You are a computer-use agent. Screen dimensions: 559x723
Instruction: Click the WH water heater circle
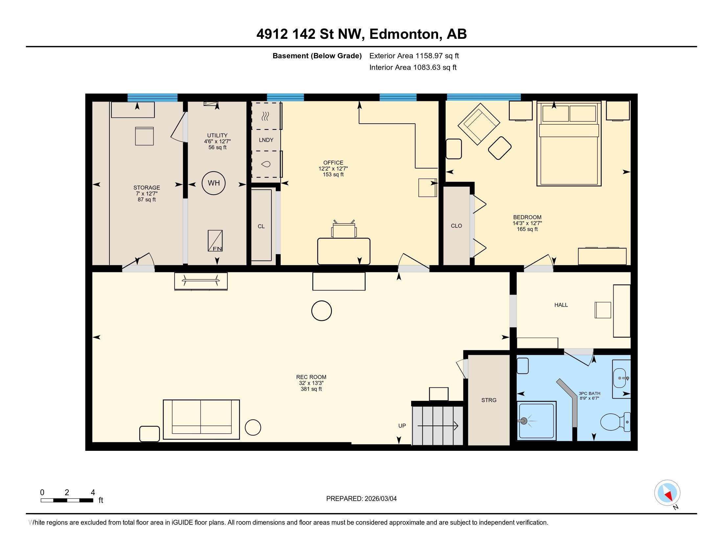(x=214, y=183)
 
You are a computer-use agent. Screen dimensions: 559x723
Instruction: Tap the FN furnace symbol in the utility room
(x=215, y=241)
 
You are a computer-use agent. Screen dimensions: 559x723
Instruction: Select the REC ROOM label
(x=311, y=377)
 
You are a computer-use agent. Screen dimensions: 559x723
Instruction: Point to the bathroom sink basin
(x=620, y=378)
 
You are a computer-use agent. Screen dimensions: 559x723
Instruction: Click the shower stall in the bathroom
(x=536, y=421)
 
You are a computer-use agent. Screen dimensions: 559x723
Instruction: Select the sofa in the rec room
(x=201, y=419)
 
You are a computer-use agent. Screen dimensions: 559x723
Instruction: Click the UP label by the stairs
(x=402, y=425)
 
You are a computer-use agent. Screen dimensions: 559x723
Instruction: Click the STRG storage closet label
(x=489, y=400)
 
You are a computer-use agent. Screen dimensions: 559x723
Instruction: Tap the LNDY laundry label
(x=266, y=140)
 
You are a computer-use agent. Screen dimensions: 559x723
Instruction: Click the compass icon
(x=667, y=493)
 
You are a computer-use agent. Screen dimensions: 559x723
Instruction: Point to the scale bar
(x=67, y=500)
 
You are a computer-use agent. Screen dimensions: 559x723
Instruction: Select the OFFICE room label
(x=333, y=162)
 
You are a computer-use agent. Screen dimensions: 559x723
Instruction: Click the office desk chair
(x=344, y=229)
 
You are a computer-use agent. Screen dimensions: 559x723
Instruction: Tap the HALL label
(x=561, y=305)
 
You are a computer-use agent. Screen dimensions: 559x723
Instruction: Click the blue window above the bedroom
(x=483, y=97)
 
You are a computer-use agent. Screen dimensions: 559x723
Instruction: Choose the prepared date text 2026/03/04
(x=380, y=498)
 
